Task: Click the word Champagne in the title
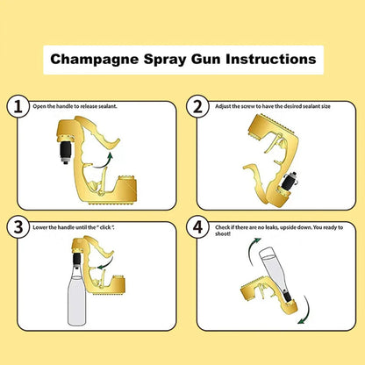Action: click(x=94, y=60)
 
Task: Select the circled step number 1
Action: click(x=18, y=107)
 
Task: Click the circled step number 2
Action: click(x=198, y=107)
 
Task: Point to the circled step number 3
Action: click(x=18, y=227)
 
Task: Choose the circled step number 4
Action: click(x=198, y=227)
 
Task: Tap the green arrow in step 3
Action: click(x=105, y=265)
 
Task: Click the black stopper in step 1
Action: click(x=65, y=150)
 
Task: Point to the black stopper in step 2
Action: click(x=287, y=182)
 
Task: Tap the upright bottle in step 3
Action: click(x=76, y=296)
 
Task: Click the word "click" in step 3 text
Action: click(x=105, y=227)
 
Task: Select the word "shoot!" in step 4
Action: click(x=223, y=234)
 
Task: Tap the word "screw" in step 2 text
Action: click(x=248, y=106)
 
